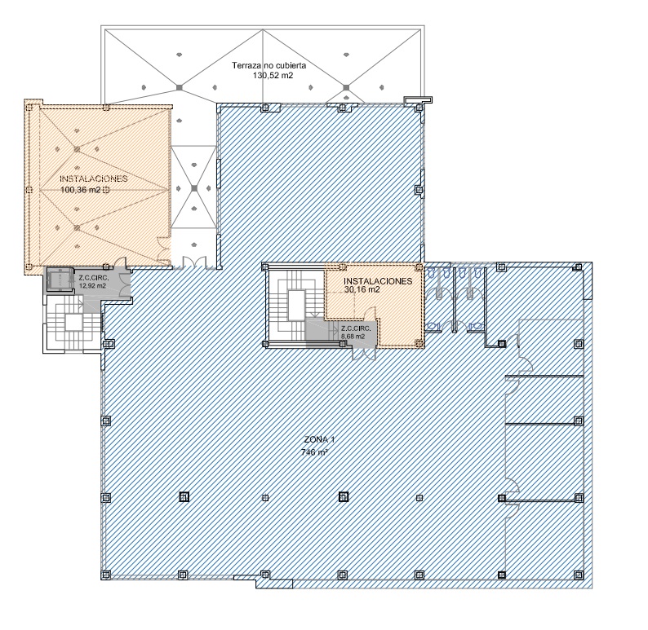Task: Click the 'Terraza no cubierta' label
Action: [269, 65]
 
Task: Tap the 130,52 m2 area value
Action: [273, 76]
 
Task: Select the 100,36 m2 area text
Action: [81, 190]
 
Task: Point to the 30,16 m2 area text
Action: [362, 289]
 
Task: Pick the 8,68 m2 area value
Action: [353, 337]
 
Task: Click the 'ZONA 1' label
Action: [319, 439]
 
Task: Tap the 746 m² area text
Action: [315, 452]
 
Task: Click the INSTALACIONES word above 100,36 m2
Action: [94, 179]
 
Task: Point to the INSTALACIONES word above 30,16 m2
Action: [378, 281]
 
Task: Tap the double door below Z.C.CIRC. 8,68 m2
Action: [364, 354]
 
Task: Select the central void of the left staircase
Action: [74, 322]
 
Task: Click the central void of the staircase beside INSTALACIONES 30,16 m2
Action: [296, 305]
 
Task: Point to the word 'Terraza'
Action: [246, 65]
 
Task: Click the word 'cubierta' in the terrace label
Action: [291, 65]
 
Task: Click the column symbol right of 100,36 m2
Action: [106, 190]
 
